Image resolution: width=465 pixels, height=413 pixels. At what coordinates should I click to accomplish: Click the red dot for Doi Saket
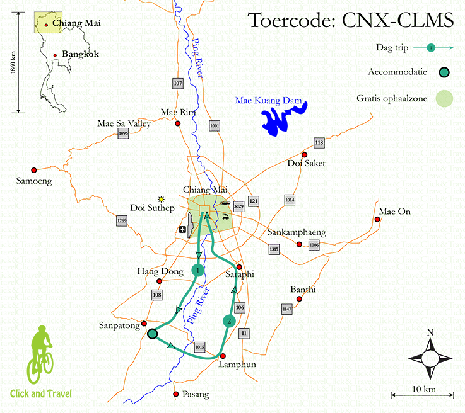304,154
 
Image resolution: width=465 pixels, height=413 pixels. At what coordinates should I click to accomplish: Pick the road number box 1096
123,133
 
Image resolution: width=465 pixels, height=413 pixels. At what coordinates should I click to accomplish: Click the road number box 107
177,83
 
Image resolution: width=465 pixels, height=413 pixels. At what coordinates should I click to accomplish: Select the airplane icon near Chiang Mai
183,229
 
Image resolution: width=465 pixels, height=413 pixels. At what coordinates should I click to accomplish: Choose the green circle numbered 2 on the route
228,321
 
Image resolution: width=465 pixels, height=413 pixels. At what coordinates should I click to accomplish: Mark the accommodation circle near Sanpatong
152,334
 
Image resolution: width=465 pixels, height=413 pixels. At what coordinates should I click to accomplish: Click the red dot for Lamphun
223,356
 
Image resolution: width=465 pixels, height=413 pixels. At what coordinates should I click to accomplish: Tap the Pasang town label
194,395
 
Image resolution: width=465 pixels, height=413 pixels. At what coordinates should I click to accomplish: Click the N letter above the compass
430,332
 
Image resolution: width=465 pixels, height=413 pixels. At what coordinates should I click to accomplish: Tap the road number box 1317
274,249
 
